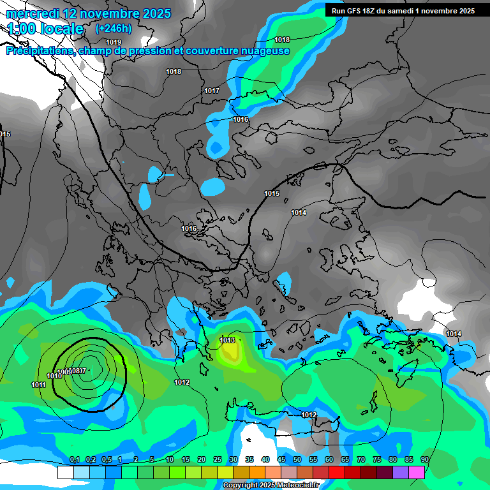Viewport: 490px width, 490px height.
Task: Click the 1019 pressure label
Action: pos(114,42)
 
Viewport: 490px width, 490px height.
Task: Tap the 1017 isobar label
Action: pos(212,91)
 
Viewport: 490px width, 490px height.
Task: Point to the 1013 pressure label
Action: pos(228,340)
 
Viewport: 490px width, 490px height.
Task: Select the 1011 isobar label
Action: pos(38,385)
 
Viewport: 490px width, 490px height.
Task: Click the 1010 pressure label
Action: pos(54,376)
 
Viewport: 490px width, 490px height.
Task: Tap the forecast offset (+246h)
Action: pos(113,28)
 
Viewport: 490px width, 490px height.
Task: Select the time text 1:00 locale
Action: pos(45,29)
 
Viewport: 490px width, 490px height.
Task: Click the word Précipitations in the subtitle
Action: pos(38,50)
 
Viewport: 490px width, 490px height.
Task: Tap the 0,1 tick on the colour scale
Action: pos(74,459)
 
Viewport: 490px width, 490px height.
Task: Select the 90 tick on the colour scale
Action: pos(424,459)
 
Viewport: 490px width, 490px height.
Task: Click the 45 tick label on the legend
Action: pos(281,459)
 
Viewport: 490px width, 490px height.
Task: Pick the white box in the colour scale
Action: pos(65,472)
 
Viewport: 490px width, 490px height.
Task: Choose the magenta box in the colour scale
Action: pos(417,472)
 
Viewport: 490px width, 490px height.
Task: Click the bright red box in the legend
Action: pos(337,472)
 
